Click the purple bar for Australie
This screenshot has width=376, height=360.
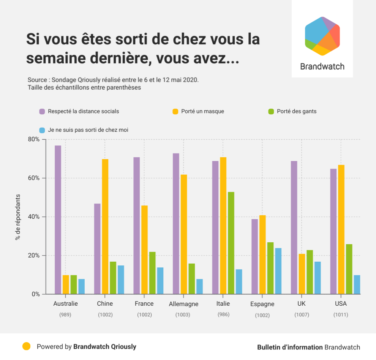click(58, 220)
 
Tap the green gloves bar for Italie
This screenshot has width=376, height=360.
click(231, 243)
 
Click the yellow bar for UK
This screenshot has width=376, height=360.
click(302, 274)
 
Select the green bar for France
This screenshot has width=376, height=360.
click(152, 273)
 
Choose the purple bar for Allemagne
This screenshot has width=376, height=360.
click(176, 224)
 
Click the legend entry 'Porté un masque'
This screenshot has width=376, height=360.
click(202, 111)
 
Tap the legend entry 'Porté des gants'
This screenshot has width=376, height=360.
click(297, 111)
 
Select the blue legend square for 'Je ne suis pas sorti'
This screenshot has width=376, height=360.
click(43, 130)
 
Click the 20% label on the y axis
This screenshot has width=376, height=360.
click(34, 256)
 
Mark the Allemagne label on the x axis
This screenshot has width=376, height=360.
click(183, 304)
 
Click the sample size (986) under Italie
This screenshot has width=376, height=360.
click(223, 314)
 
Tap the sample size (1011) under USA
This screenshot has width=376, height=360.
click(341, 315)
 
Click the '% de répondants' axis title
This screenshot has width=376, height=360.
click(17, 217)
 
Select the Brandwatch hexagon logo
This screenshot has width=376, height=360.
click(322, 36)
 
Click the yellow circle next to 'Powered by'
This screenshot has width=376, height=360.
click(26, 346)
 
